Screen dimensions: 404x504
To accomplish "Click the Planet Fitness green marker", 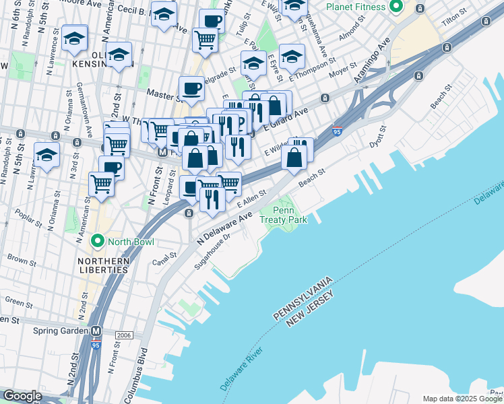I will tap(396, 7).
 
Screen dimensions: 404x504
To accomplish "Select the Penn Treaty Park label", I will tap(288, 215).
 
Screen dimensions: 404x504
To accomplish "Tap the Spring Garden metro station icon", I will tap(96, 331).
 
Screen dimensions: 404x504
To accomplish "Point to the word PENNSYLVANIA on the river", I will tap(303, 298).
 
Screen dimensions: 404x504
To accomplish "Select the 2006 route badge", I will tap(124, 335).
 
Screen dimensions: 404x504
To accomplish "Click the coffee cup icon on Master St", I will tap(191, 88).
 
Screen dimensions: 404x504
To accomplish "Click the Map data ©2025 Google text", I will tap(462, 399).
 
